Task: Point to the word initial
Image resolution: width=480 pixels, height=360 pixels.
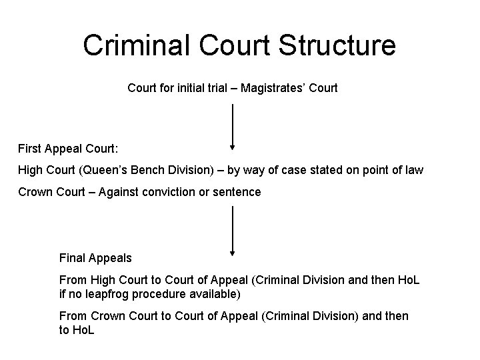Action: click(x=193, y=87)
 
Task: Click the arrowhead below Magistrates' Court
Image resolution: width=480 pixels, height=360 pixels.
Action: click(x=232, y=147)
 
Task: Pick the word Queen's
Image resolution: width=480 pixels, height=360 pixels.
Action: click(x=106, y=170)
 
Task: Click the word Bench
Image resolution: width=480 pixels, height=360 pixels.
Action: click(x=147, y=170)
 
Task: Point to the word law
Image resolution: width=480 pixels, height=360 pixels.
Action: click(x=414, y=170)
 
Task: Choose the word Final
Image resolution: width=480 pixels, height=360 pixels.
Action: click(x=72, y=257)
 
